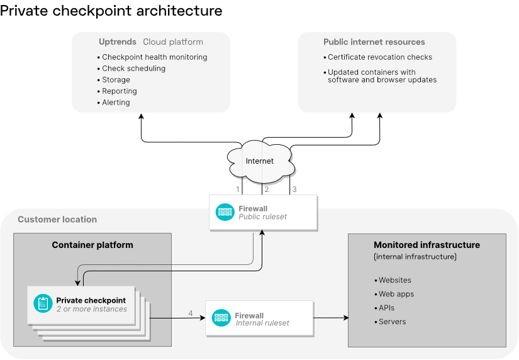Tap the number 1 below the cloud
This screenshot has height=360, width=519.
238,189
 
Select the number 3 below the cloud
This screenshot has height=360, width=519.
294,189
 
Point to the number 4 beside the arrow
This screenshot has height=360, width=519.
191,313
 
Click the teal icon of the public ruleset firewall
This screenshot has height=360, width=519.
225,212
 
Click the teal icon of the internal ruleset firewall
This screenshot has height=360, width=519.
221,318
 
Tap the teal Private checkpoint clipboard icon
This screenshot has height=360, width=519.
43,304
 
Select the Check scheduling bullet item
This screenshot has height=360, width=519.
133,69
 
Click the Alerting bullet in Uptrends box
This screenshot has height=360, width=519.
116,103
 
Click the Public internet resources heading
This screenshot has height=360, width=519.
374,42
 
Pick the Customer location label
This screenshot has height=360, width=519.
57,220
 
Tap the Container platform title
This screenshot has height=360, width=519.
92,245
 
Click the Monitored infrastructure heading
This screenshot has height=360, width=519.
427,245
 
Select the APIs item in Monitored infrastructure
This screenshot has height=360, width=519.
388,308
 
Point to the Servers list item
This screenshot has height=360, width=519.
392,322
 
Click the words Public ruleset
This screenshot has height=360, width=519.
262,217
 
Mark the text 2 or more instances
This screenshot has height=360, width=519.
92,309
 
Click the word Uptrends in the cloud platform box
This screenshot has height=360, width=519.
118,42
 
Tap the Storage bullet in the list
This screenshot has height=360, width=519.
116,80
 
